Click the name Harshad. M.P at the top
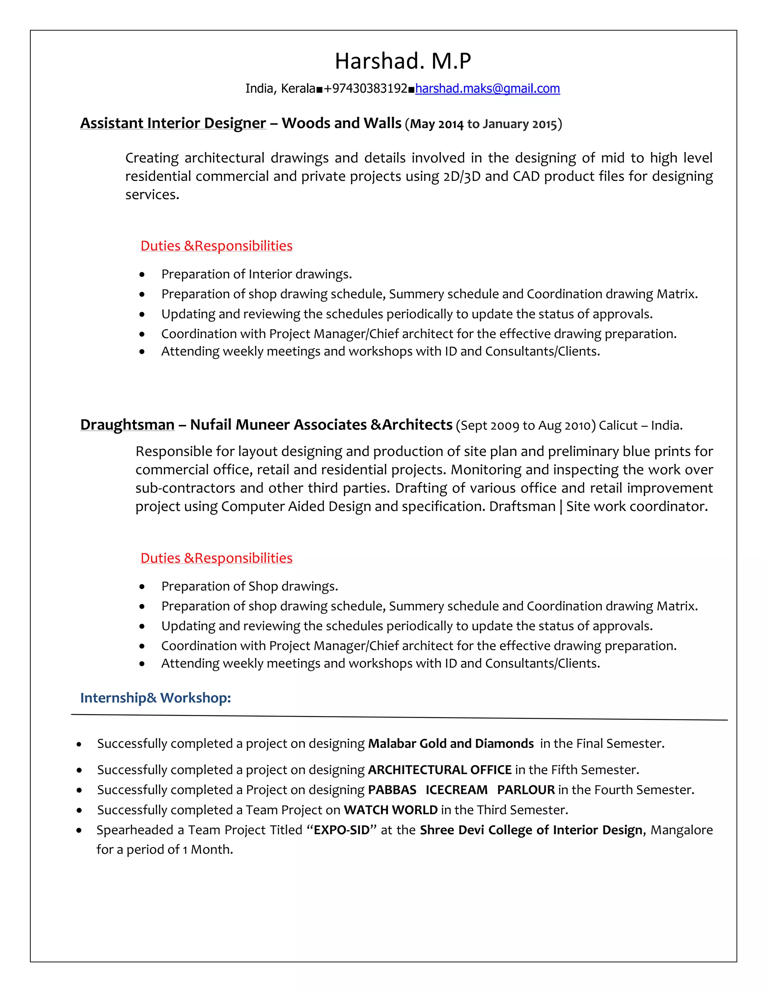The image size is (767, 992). click(403, 61)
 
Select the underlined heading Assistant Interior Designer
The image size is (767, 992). click(173, 123)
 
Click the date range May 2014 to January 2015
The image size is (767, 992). click(483, 124)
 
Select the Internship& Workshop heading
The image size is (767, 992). click(155, 698)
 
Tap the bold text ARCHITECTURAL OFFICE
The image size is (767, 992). click(439, 770)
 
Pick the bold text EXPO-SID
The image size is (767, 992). click(341, 830)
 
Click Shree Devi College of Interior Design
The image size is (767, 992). click(531, 830)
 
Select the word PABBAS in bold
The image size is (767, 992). click(392, 790)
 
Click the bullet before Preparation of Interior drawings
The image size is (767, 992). click(142, 275)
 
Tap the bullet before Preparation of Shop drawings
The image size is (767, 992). click(142, 587)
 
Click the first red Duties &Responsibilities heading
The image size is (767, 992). click(216, 246)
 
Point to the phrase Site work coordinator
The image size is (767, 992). click(637, 506)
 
